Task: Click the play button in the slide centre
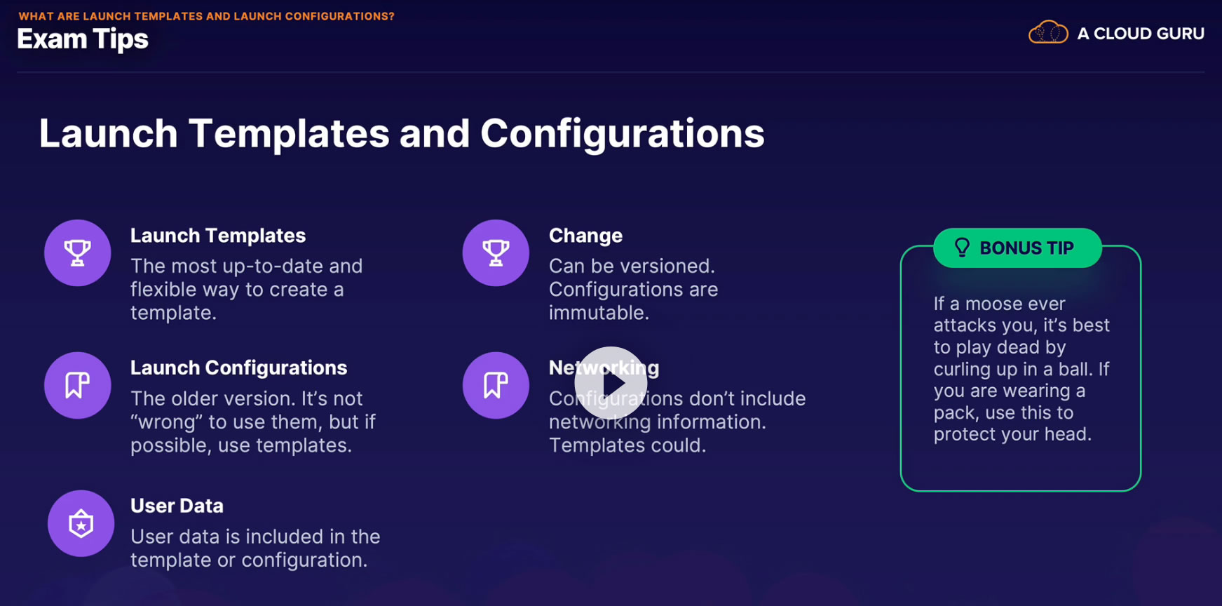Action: tap(611, 383)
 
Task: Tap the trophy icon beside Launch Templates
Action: tap(78, 252)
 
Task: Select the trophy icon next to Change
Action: tap(496, 252)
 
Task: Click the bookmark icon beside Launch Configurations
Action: tap(78, 385)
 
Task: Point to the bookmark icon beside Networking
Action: tap(496, 385)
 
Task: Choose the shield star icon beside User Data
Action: tap(81, 523)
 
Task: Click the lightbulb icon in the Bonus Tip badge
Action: tap(962, 247)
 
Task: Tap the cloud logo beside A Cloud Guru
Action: tap(1048, 32)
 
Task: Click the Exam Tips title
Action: tap(83, 39)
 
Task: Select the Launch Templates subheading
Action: tap(218, 236)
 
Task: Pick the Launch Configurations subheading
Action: tap(239, 368)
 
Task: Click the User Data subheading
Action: tap(177, 506)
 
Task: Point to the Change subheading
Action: tap(585, 236)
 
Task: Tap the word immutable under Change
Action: tap(599, 313)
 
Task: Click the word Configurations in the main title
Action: tap(623, 133)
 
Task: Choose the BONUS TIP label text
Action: tap(1026, 248)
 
